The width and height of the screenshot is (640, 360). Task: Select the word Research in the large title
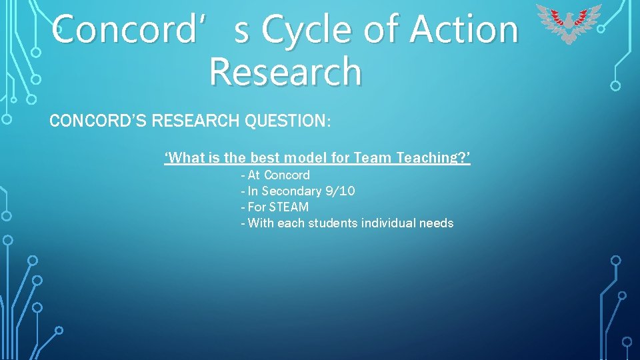click(x=285, y=72)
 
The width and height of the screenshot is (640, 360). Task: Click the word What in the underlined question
click(x=187, y=158)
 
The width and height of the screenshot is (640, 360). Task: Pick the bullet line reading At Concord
click(x=275, y=175)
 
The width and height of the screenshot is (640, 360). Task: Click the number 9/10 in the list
click(x=339, y=191)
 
